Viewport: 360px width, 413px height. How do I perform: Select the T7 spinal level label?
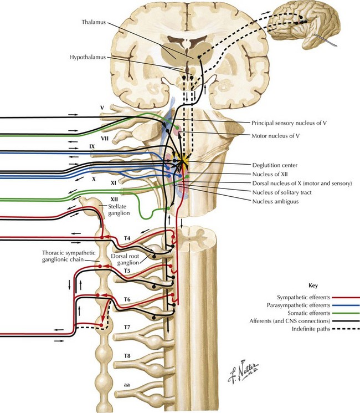[127, 328]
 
